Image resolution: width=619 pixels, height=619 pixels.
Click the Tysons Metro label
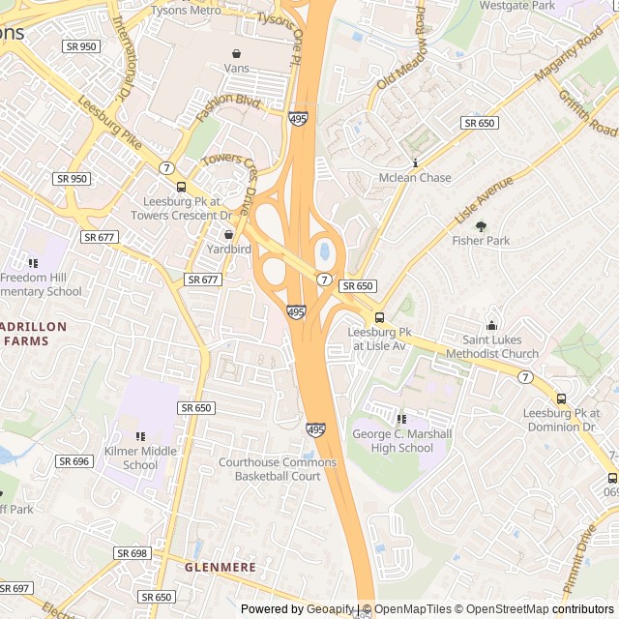(x=186, y=12)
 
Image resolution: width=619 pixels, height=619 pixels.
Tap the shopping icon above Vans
(x=236, y=53)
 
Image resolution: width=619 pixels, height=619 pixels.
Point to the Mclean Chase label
(x=415, y=178)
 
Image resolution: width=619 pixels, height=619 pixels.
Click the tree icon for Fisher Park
(x=481, y=226)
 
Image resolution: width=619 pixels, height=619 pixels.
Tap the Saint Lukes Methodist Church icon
(x=491, y=325)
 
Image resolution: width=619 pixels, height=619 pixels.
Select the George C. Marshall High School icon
(x=401, y=419)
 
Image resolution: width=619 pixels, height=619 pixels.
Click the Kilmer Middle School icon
(x=140, y=437)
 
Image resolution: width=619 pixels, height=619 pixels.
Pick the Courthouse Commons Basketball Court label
(x=278, y=469)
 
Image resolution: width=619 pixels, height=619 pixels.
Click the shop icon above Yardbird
(x=229, y=234)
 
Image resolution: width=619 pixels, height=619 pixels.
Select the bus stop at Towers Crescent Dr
(x=181, y=187)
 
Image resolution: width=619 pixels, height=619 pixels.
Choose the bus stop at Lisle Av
(x=379, y=317)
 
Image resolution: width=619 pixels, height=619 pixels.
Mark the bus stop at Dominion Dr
(x=561, y=398)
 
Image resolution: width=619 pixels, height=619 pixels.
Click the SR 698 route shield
(x=132, y=553)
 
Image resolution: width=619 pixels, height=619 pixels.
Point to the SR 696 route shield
(x=74, y=461)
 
